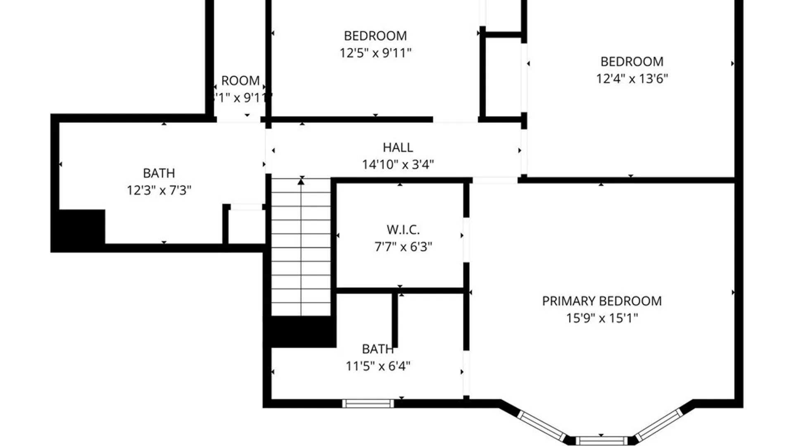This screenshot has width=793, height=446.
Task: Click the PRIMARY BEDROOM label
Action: (602, 301)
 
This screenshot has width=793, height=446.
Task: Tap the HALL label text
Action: (398, 147)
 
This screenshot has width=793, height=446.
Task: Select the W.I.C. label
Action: (403, 230)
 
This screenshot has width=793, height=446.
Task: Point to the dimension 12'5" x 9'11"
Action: (375, 53)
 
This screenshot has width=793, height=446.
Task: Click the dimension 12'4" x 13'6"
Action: (632, 78)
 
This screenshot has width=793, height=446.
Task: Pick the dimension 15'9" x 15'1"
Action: (602, 318)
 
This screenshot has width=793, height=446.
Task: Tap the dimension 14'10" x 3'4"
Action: (398, 164)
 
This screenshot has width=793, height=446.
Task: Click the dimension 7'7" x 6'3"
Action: (403, 247)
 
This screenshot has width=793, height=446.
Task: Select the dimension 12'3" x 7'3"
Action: (159, 190)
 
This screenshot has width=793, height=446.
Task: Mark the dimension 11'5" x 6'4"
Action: (378, 366)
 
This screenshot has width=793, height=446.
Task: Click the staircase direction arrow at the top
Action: (302, 181)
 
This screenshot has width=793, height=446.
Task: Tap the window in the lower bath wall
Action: (368, 403)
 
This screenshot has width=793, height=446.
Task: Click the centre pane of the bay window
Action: (601, 441)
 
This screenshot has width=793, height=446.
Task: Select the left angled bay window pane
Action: (542, 426)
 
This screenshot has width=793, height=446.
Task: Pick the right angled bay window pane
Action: (659, 425)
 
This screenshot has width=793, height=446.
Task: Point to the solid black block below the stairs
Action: (302, 332)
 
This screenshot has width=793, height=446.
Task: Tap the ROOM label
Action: (240, 81)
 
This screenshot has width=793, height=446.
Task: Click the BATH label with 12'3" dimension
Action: (159, 173)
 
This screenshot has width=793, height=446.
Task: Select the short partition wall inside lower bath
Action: (395, 320)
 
